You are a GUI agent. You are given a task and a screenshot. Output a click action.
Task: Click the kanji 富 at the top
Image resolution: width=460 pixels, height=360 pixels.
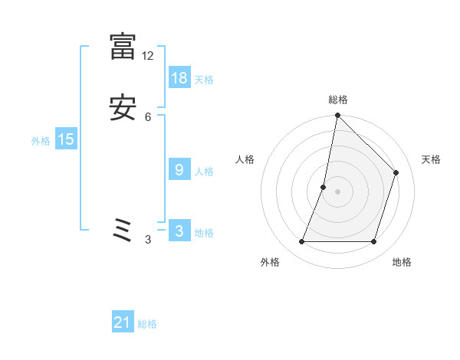click(x=123, y=46)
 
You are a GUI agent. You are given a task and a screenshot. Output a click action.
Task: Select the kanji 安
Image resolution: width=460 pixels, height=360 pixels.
click(x=123, y=107)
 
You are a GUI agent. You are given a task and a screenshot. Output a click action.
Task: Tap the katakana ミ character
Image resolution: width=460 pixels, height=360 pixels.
click(x=123, y=230)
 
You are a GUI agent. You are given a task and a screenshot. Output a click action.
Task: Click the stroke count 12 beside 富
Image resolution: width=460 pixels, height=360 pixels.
click(x=148, y=56)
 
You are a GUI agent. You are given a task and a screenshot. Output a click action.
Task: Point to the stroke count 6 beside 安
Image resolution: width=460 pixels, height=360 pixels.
click(x=148, y=116)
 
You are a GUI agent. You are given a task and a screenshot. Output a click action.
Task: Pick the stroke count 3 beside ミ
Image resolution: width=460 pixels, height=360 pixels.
click(x=148, y=240)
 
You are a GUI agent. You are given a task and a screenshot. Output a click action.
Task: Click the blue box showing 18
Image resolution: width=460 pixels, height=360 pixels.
click(x=179, y=77)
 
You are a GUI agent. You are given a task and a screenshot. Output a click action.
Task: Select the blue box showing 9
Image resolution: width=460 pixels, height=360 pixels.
click(x=179, y=170)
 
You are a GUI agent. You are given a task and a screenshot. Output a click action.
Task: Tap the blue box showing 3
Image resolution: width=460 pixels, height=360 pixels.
click(x=179, y=231)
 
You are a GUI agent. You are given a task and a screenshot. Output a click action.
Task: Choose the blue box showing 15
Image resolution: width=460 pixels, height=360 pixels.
click(x=66, y=139)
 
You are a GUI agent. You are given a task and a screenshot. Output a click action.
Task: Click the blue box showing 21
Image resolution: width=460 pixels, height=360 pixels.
click(x=123, y=322)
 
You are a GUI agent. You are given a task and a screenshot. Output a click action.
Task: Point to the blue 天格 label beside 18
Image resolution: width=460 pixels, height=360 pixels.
click(x=204, y=79)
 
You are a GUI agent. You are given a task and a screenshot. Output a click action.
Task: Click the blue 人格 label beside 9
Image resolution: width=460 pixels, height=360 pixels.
click(x=204, y=172)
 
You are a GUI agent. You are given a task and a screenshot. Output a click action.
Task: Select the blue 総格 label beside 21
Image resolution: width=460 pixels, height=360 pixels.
click(x=147, y=324)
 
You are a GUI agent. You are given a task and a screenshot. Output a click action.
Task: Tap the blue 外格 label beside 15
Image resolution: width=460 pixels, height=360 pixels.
click(x=41, y=141)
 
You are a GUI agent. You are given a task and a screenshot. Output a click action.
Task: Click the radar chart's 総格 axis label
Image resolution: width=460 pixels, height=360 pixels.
click(x=337, y=100)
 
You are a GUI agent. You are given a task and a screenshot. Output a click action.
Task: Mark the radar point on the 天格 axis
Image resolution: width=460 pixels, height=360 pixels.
click(x=396, y=172)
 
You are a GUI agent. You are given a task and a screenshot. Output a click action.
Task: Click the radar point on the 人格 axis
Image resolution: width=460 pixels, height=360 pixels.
click(x=324, y=187)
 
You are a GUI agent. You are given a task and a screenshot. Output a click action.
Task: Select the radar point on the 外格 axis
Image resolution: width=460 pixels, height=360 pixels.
click(x=301, y=242)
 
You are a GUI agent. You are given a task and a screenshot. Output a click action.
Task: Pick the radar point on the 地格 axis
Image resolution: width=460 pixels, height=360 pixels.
click(x=374, y=242)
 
